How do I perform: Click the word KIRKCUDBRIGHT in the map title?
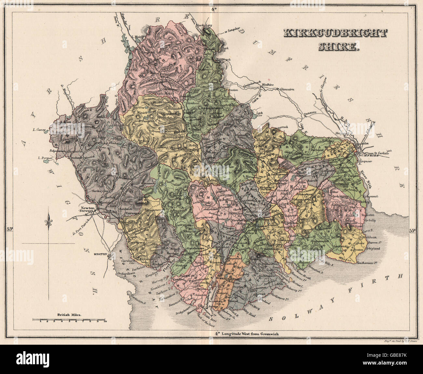tap(335, 34)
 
